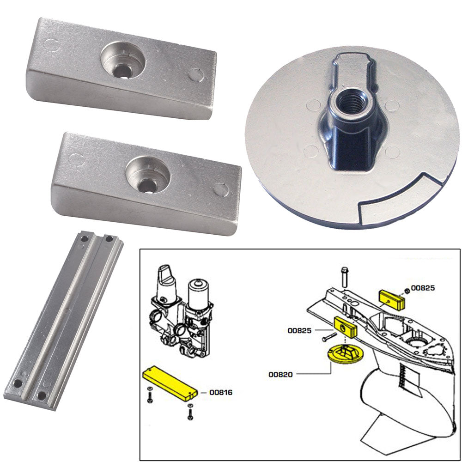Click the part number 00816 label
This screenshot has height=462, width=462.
(x=220, y=393)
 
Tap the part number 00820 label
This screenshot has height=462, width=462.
(x=280, y=375)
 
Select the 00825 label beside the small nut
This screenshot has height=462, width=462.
(x=423, y=288)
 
